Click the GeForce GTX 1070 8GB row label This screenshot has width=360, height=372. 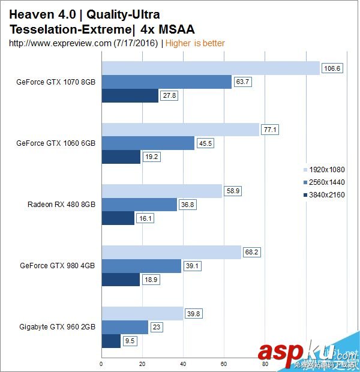coord(56,82)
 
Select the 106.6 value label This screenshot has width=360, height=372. coord(332,68)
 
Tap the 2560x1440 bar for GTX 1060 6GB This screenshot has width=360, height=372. coord(148,143)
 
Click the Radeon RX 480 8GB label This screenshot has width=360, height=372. coord(61,204)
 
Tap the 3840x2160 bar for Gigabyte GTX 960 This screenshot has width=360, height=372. coord(111,341)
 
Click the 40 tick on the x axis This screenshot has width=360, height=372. coord(183,363)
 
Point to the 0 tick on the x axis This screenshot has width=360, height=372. coord(101,363)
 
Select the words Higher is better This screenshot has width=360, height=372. coord(195,43)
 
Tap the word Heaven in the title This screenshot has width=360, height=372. coord(31,14)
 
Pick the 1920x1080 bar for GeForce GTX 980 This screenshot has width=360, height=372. coord(171,253)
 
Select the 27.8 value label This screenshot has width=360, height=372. coord(170,95)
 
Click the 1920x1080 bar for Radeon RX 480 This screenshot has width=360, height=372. coord(161,191)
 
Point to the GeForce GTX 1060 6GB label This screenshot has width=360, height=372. coord(56,143)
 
